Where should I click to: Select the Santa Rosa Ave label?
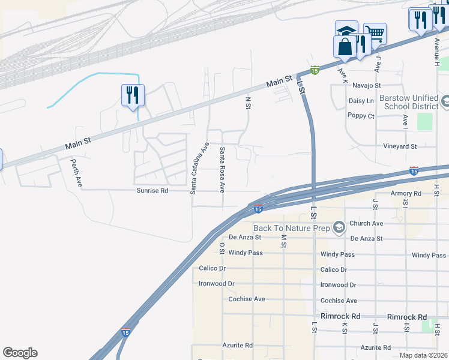[x=221, y=169]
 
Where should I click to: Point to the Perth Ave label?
[x=76, y=173]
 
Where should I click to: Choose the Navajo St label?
[x=367, y=86]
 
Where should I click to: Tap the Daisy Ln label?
[x=361, y=101]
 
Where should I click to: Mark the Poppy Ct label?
[x=361, y=116]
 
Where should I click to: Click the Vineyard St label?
[x=400, y=146]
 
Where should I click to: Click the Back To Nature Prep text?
[x=292, y=228]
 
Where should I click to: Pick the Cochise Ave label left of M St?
[x=247, y=299]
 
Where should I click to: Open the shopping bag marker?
[x=345, y=47]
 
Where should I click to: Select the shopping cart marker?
[x=375, y=34]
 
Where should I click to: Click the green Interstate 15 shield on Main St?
[x=315, y=71]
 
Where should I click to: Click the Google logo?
[x=20, y=353]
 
